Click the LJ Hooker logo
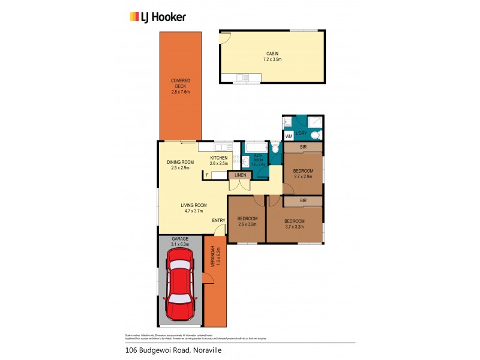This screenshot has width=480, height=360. click(158, 17)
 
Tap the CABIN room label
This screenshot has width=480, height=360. click(272, 53)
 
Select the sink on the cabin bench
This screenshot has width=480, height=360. click(242, 77)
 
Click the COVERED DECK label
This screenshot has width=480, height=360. click(180, 83)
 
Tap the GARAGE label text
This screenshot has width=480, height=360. click(180, 239)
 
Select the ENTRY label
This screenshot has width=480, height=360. click(218, 221)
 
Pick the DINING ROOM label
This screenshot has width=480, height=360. click(180, 162)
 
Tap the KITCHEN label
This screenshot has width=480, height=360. click(219, 158)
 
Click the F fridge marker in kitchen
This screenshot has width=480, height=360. click(207, 175)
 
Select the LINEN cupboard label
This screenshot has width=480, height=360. click(240, 175)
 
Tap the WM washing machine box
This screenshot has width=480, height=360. click(289, 136)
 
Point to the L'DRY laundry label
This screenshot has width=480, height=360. click(302, 133)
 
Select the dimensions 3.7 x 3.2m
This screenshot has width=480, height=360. click(294, 227)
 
